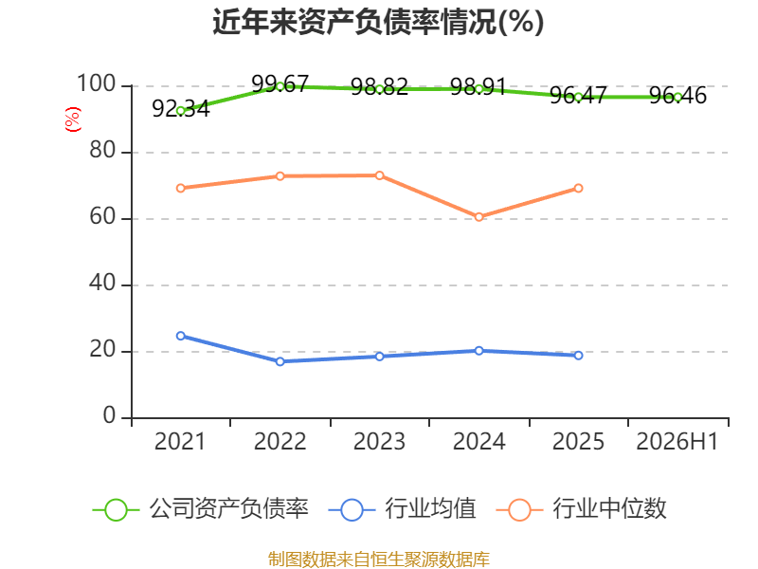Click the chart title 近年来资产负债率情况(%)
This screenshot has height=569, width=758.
[378, 22]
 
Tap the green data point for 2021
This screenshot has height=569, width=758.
[181, 111]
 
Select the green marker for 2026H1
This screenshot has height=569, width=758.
[677, 98]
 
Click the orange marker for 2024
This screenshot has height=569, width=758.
[479, 217]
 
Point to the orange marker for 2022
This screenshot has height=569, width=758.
[280, 176]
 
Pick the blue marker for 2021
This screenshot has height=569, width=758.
[181, 336]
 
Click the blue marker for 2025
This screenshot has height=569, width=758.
[578, 356]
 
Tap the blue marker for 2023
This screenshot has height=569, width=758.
[380, 357]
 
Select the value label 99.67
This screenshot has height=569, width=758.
[280, 84]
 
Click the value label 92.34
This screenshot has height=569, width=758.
[181, 109]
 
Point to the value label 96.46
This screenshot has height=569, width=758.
[677, 96]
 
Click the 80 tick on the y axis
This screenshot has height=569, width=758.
[102, 151]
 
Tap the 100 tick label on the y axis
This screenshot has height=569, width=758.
[97, 83]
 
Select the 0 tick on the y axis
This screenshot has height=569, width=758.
[109, 415]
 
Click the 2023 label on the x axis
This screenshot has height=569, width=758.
[380, 442]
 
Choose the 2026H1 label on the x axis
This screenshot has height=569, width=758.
[677, 442]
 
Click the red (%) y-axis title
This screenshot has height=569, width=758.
[73, 119]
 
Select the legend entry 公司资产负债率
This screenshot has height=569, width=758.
[201, 509]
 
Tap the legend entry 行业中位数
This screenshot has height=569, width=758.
[582, 509]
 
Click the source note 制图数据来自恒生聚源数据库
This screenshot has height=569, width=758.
[379, 560]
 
